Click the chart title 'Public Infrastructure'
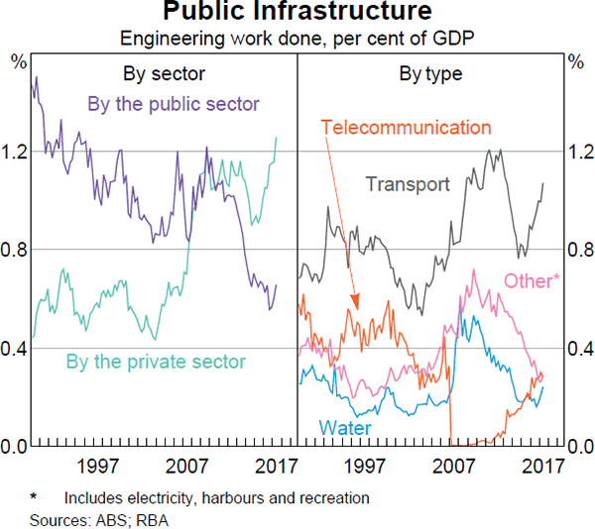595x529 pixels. pos(297,13)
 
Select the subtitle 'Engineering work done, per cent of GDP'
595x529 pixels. pos(297,39)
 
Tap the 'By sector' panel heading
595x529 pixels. pos(164,73)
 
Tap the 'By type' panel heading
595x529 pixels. pos(430,73)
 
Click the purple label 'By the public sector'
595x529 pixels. pos(174,104)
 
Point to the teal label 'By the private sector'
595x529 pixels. pos(155,362)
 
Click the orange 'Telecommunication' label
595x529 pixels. pos(407,128)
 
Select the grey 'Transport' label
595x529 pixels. pos(408,183)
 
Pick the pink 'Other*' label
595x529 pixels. pos(532,280)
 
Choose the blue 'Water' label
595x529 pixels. pos(344,428)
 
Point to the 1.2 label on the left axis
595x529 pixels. pos(16,152)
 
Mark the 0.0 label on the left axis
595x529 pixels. pos(16,447)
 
